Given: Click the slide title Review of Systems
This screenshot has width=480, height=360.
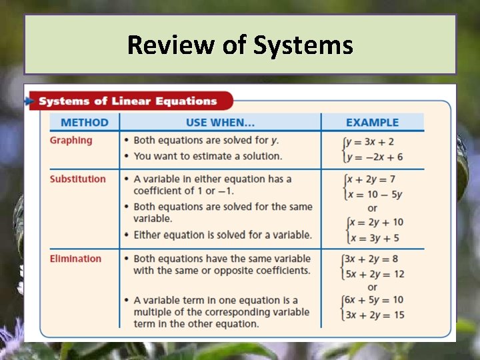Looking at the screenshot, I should point(240,45).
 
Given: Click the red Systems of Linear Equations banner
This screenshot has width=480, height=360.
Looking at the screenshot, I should point(128,101).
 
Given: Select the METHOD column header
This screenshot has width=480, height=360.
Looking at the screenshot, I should point(84,123).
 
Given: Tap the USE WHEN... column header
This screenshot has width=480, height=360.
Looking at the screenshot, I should point(220,123).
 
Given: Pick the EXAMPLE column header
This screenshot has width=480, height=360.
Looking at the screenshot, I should point(372,123).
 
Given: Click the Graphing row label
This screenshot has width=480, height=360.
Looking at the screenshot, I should point(71,140).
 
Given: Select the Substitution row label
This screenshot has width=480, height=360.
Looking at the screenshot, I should point(77,179).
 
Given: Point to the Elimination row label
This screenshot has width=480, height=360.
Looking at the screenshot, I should point(75,259).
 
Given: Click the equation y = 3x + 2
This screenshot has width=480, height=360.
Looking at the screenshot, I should point(371,142).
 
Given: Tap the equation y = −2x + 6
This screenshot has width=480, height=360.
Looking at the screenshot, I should point(375,157).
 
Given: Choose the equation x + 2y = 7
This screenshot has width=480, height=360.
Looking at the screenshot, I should point(373,179).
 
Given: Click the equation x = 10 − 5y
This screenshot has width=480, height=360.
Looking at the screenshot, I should point(376,194).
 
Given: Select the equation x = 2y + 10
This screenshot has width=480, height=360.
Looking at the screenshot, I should point(376,222).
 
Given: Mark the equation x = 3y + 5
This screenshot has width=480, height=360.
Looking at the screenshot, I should point(373,237).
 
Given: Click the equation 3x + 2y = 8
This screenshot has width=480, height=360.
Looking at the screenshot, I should point(372,259).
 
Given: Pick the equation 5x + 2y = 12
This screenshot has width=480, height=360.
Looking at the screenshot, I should point(375,274).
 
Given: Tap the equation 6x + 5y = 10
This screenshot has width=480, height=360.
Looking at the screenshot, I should point(375,300).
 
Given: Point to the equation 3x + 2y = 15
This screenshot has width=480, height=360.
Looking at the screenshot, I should point(375,315).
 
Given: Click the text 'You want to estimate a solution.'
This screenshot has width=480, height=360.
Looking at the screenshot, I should point(208,156).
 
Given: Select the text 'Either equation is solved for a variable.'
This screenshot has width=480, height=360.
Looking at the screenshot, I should point(223,235).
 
